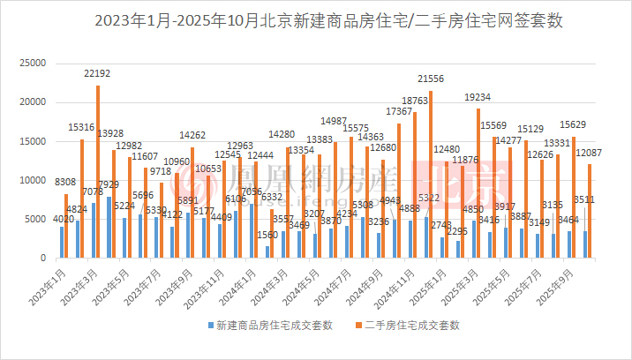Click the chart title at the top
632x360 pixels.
click(x=315, y=19)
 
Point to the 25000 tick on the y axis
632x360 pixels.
click(x=34, y=64)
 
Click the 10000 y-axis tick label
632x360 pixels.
click(x=34, y=180)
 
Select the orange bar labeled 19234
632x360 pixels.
click(x=478, y=184)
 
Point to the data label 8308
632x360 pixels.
click(x=66, y=181)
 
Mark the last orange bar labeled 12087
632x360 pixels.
click(x=590, y=211)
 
